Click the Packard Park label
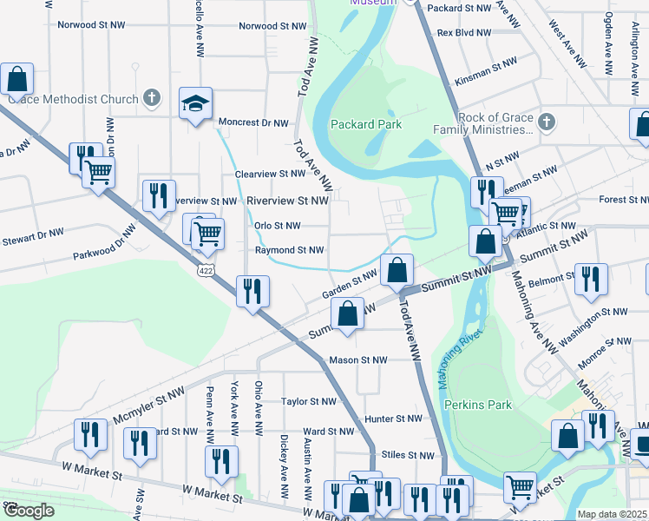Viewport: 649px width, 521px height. [365, 124]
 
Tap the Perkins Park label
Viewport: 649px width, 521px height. [477, 405]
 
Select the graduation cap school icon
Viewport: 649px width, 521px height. [196, 104]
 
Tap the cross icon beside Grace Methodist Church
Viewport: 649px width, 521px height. [152, 99]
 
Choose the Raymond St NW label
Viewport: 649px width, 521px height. [289, 250]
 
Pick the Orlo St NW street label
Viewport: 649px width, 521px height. [277, 226]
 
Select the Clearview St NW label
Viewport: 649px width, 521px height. [271, 174]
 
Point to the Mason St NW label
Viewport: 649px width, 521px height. [357, 359]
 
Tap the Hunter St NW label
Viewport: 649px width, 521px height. [394, 418]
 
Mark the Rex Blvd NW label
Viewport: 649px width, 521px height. [464, 32]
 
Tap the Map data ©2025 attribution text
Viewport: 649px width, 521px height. [613, 514]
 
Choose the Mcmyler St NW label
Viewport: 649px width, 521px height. [150, 406]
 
